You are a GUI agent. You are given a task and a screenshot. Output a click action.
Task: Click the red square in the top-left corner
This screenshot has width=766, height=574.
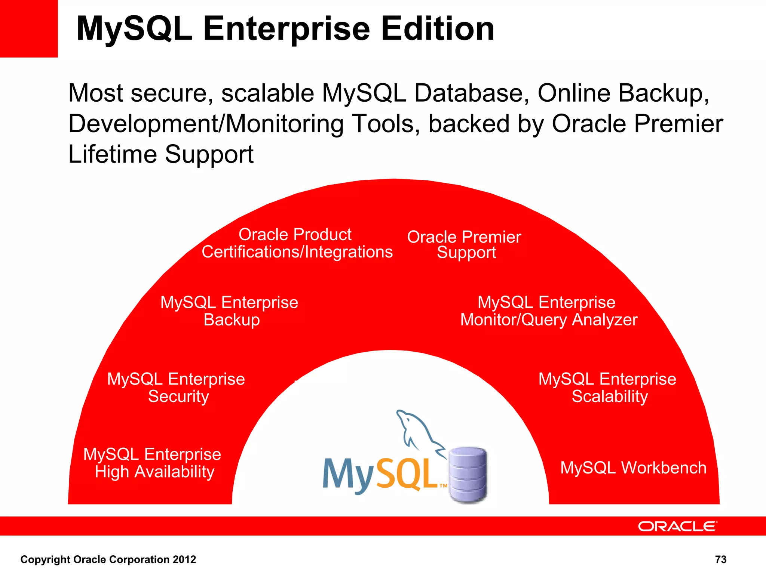coord(29,28)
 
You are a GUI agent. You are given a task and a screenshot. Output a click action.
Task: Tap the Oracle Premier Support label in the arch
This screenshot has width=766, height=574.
coord(464,244)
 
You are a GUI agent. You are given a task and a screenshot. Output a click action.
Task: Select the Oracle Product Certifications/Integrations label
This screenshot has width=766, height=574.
coord(297,243)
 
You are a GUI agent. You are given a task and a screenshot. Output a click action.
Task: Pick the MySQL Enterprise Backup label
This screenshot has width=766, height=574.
coord(229,311)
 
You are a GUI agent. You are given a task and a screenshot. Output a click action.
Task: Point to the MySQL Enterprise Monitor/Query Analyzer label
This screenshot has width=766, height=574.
coord(548,311)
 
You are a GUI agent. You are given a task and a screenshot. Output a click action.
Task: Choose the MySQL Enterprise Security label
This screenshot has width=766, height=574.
coord(176,388)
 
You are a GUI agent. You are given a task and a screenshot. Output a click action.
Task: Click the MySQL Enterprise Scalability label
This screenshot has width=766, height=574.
coord(607,388)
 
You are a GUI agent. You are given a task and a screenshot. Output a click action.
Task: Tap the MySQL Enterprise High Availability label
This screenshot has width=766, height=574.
coord(152,463)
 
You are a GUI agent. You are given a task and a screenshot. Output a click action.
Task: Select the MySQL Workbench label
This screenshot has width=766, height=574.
coord(633,468)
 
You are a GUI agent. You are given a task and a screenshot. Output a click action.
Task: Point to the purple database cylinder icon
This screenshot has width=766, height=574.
coord(468,475)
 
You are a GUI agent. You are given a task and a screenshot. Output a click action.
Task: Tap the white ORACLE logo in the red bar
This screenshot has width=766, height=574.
coord(677,526)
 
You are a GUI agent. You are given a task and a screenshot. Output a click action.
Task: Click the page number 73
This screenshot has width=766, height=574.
coord(720,559)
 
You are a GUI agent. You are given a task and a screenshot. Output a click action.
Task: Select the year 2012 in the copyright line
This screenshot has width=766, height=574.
coord(184,559)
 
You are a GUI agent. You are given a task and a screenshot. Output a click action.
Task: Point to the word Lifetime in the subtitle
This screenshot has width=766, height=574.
coord(113,154)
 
